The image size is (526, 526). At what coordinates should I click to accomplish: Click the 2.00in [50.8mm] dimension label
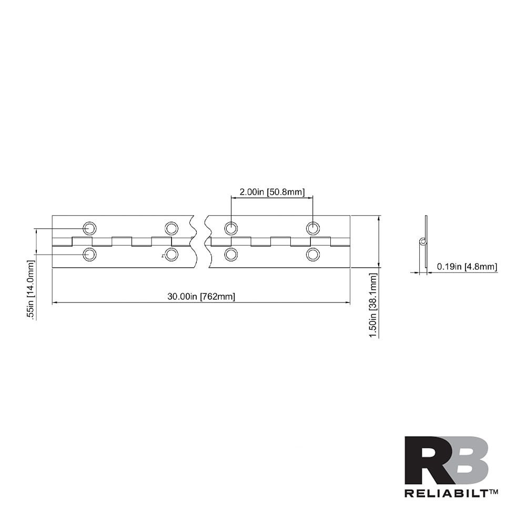272,192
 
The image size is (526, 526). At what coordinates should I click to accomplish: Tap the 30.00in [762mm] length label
201,297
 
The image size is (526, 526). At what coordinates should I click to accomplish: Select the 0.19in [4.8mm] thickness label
467,267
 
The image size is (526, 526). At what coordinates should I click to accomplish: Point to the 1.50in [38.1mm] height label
372,305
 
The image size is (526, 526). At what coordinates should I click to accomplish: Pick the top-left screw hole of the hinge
90,228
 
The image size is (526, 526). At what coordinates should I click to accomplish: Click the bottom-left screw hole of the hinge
90,255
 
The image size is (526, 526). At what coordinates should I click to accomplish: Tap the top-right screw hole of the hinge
313,228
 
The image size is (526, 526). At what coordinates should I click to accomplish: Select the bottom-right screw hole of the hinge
313,255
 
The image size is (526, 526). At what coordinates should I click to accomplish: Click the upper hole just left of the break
171,228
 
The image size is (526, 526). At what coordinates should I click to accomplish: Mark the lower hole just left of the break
171,255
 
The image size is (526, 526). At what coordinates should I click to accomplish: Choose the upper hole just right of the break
231,228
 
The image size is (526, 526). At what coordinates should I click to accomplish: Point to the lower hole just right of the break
231,255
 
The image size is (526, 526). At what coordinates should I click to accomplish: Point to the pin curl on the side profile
422,241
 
